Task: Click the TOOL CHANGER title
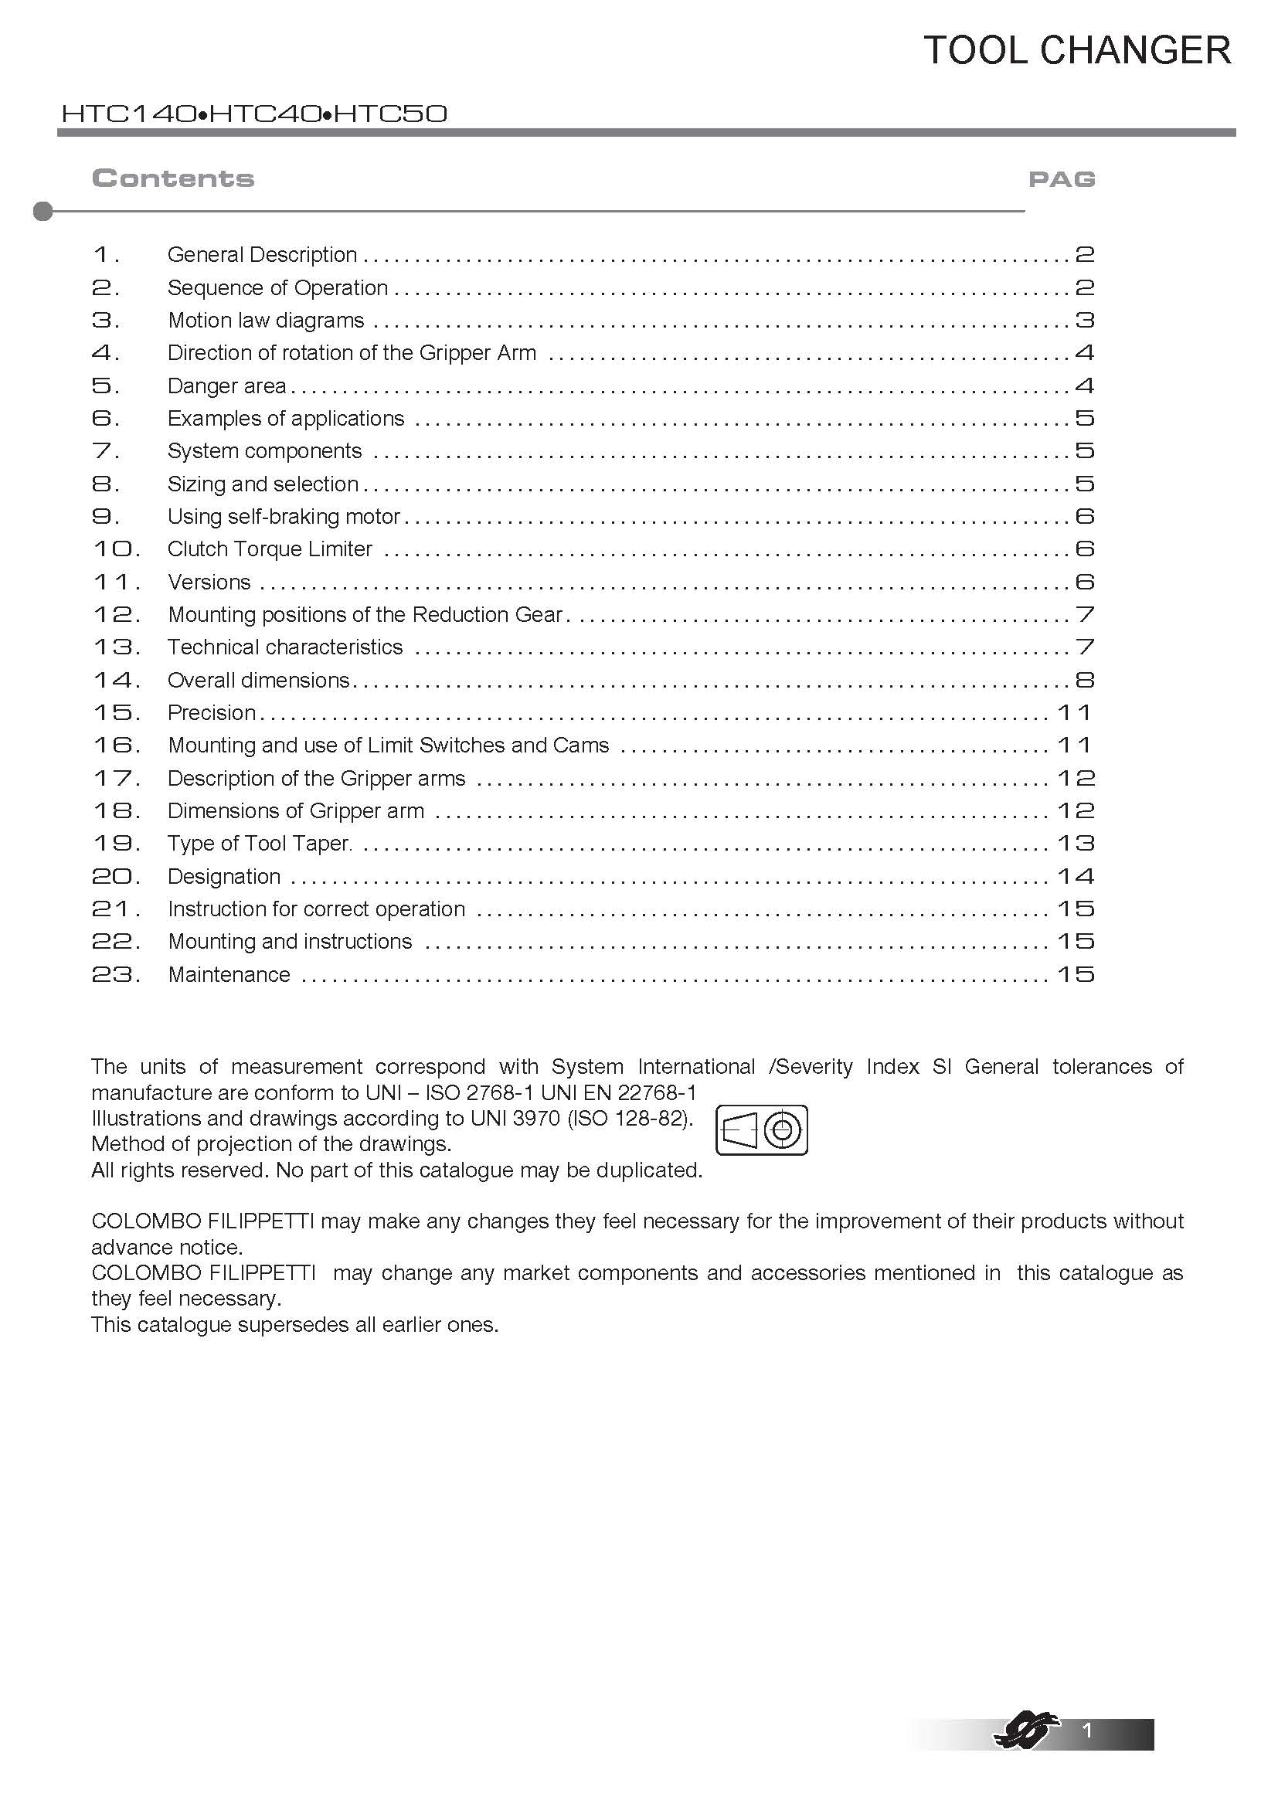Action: tap(1076, 50)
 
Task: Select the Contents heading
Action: tap(173, 178)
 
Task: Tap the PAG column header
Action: tap(1062, 179)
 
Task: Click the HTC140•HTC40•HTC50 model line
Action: tap(254, 114)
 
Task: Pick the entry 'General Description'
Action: tap(262, 255)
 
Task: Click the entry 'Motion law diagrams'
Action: tap(266, 321)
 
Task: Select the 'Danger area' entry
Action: tap(226, 386)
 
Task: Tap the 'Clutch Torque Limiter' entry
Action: tap(270, 549)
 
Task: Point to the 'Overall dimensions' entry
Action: tap(259, 680)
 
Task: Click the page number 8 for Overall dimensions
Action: tap(1084, 680)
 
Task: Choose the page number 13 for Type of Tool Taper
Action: tap(1076, 844)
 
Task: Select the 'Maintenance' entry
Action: tap(229, 974)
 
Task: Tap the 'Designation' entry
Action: tap(224, 877)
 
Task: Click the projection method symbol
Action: tap(761, 1130)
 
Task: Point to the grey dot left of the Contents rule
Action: tap(43, 211)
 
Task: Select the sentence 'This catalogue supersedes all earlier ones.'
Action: tap(295, 1325)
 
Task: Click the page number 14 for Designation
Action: tap(1076, 877)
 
